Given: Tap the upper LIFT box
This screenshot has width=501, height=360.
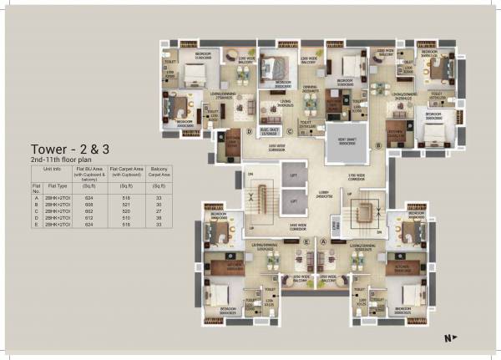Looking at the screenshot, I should (293, 177).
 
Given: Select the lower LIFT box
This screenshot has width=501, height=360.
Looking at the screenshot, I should (293, 202).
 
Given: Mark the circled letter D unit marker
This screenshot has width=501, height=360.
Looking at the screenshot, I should (249, 131).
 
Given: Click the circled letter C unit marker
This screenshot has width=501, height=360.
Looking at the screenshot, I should (290, 131).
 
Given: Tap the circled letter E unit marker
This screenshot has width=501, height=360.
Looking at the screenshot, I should (307, 241).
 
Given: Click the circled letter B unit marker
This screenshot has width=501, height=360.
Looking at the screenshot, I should (377, 145).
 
